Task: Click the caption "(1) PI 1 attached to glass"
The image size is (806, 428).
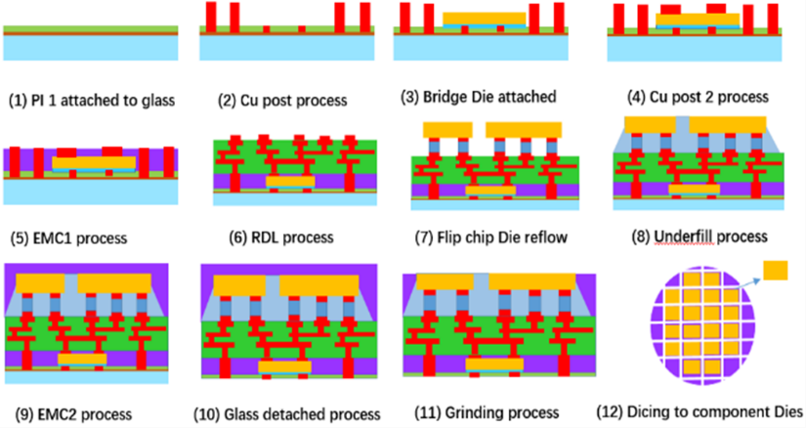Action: coord(92,100)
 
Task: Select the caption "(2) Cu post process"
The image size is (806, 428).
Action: coord(282,101)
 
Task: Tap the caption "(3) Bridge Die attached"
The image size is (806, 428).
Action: coord(479,97)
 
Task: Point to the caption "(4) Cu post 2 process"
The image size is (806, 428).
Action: coord(699,97)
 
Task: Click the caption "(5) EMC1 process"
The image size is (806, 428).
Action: coord(69,238)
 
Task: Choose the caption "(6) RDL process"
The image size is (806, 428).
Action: coord(281,237)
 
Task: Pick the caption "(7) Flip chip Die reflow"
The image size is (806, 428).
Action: coord(490,237)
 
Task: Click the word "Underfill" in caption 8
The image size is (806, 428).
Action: coord(684,236)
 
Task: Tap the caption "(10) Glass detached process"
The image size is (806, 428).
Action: coord(287,414)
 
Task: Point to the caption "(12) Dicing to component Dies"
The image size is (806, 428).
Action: coord(700,412)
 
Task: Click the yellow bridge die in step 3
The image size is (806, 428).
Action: coord(485,19)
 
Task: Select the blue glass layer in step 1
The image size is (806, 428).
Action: coord(91,48)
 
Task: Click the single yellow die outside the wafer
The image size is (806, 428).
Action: coord(775,271)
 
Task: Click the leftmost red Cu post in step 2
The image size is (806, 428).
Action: coord(211,17)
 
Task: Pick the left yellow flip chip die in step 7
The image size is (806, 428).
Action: coord(447,130)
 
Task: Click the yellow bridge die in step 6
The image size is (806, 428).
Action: coord(290,181)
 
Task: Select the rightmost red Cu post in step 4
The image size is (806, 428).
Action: coord(773,19)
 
